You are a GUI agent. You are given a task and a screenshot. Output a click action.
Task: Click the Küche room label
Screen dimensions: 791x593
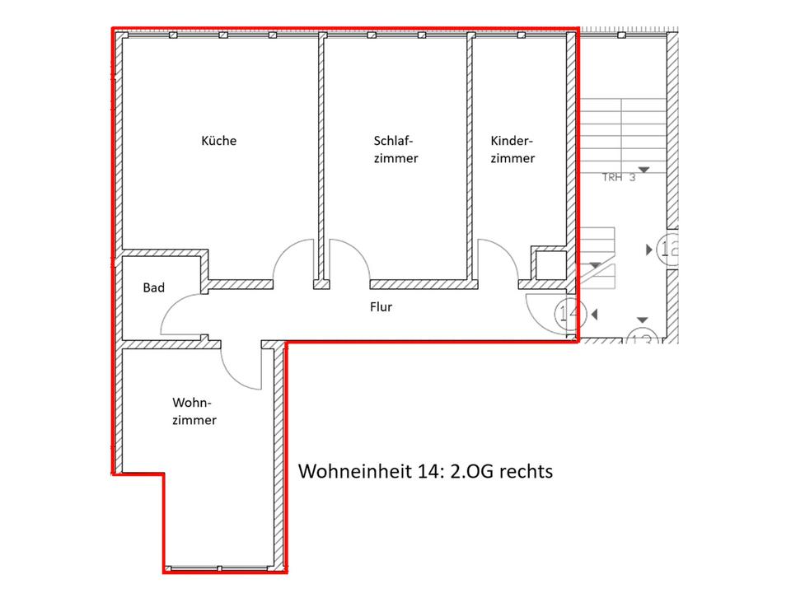click(218, 140)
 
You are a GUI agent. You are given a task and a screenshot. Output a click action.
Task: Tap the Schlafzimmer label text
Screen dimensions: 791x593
click(396, 149)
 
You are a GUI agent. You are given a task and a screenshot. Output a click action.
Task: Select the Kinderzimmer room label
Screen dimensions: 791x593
click(513, 149)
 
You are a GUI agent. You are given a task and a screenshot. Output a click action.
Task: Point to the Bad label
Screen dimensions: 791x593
click(154, 287)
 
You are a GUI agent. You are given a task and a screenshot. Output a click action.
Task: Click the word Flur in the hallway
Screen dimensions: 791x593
click(381, 306)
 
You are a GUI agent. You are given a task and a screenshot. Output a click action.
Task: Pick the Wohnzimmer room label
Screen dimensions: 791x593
click(194, 412)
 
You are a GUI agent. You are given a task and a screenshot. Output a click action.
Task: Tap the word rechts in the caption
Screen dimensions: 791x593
click(526, 472)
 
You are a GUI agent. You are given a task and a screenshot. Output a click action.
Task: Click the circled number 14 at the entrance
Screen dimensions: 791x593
click(570, 314)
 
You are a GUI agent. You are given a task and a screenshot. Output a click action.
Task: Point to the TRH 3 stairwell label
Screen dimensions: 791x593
click(619, 178)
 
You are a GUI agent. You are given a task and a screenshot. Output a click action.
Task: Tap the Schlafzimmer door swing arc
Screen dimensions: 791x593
click(359, 250)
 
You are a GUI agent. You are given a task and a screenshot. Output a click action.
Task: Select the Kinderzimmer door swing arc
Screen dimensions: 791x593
click(507, 250)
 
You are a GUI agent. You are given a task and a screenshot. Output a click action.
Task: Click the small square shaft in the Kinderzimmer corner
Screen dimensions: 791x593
click(551, 264)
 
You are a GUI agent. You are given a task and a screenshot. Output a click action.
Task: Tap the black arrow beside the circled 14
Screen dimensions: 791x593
click(594, 315)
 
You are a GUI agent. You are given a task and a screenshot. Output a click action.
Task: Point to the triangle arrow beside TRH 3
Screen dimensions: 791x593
click(644, 170)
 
